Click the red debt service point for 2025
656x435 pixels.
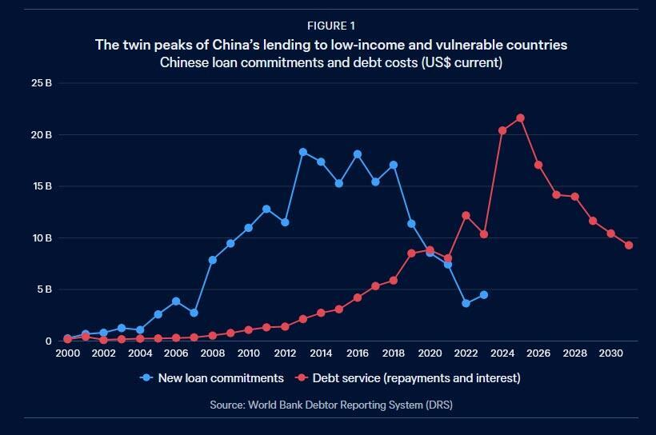tap(520, 118)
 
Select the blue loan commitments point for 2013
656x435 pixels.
tap(303, 152)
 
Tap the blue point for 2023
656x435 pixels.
tap(483, 295)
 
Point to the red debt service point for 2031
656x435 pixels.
tap(629, 245)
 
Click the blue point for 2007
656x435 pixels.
tap(194, 313)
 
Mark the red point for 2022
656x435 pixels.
tap(466, 215)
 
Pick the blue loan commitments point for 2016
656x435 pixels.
tap(357, 154)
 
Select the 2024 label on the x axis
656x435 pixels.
tap(502, 353)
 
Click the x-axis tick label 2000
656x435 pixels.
tap(67, 353)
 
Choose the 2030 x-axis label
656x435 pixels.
tap(610, 353)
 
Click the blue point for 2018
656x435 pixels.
tap(393, 166)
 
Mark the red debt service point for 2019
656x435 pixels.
tap(411, 253)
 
